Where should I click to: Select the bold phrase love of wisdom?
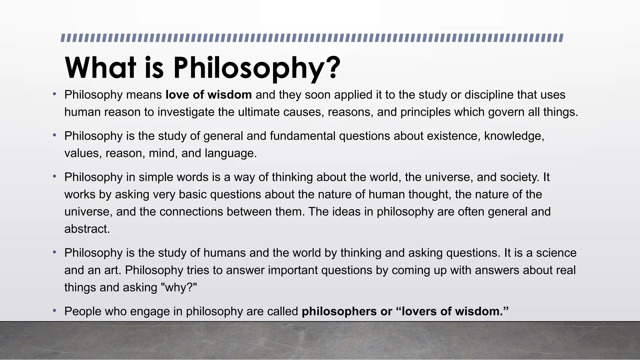point(208,95)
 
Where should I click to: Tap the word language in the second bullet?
point(230,153)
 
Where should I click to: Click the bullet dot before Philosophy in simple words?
point(54,177)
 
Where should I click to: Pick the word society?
point(519,177)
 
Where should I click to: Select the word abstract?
point(87,229)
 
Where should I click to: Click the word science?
point(556,253)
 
